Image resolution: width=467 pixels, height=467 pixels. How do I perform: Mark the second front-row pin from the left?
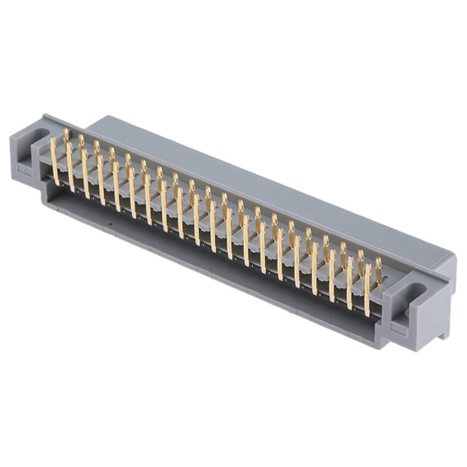pos(70,167)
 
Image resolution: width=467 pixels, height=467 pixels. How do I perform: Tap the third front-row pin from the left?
pos(86,173)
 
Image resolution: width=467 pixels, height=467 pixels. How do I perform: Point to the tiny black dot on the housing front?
pos(110,223)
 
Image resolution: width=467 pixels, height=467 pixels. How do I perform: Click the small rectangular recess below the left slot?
pos(24,170)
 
